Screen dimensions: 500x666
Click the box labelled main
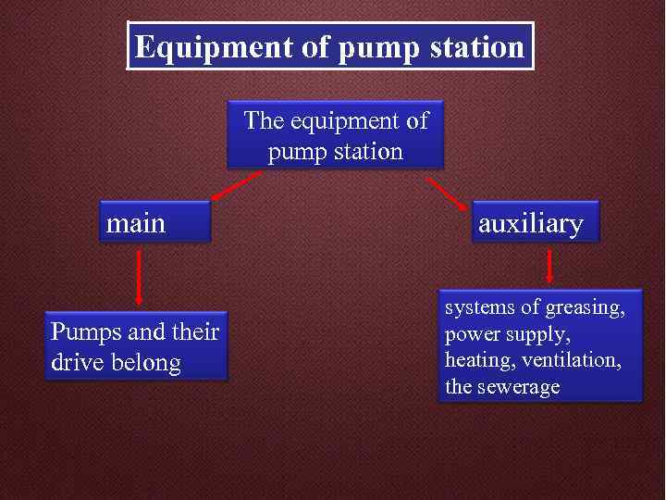coord(154,223)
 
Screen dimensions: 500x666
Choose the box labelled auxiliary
coord(535,223)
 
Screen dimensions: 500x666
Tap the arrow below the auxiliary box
coord(549,268)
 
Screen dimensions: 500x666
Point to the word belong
coord(147,362)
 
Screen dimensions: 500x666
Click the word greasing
coord(585,307)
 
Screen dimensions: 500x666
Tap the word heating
coord(477,360)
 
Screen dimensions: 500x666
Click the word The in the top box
coord(264,120)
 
